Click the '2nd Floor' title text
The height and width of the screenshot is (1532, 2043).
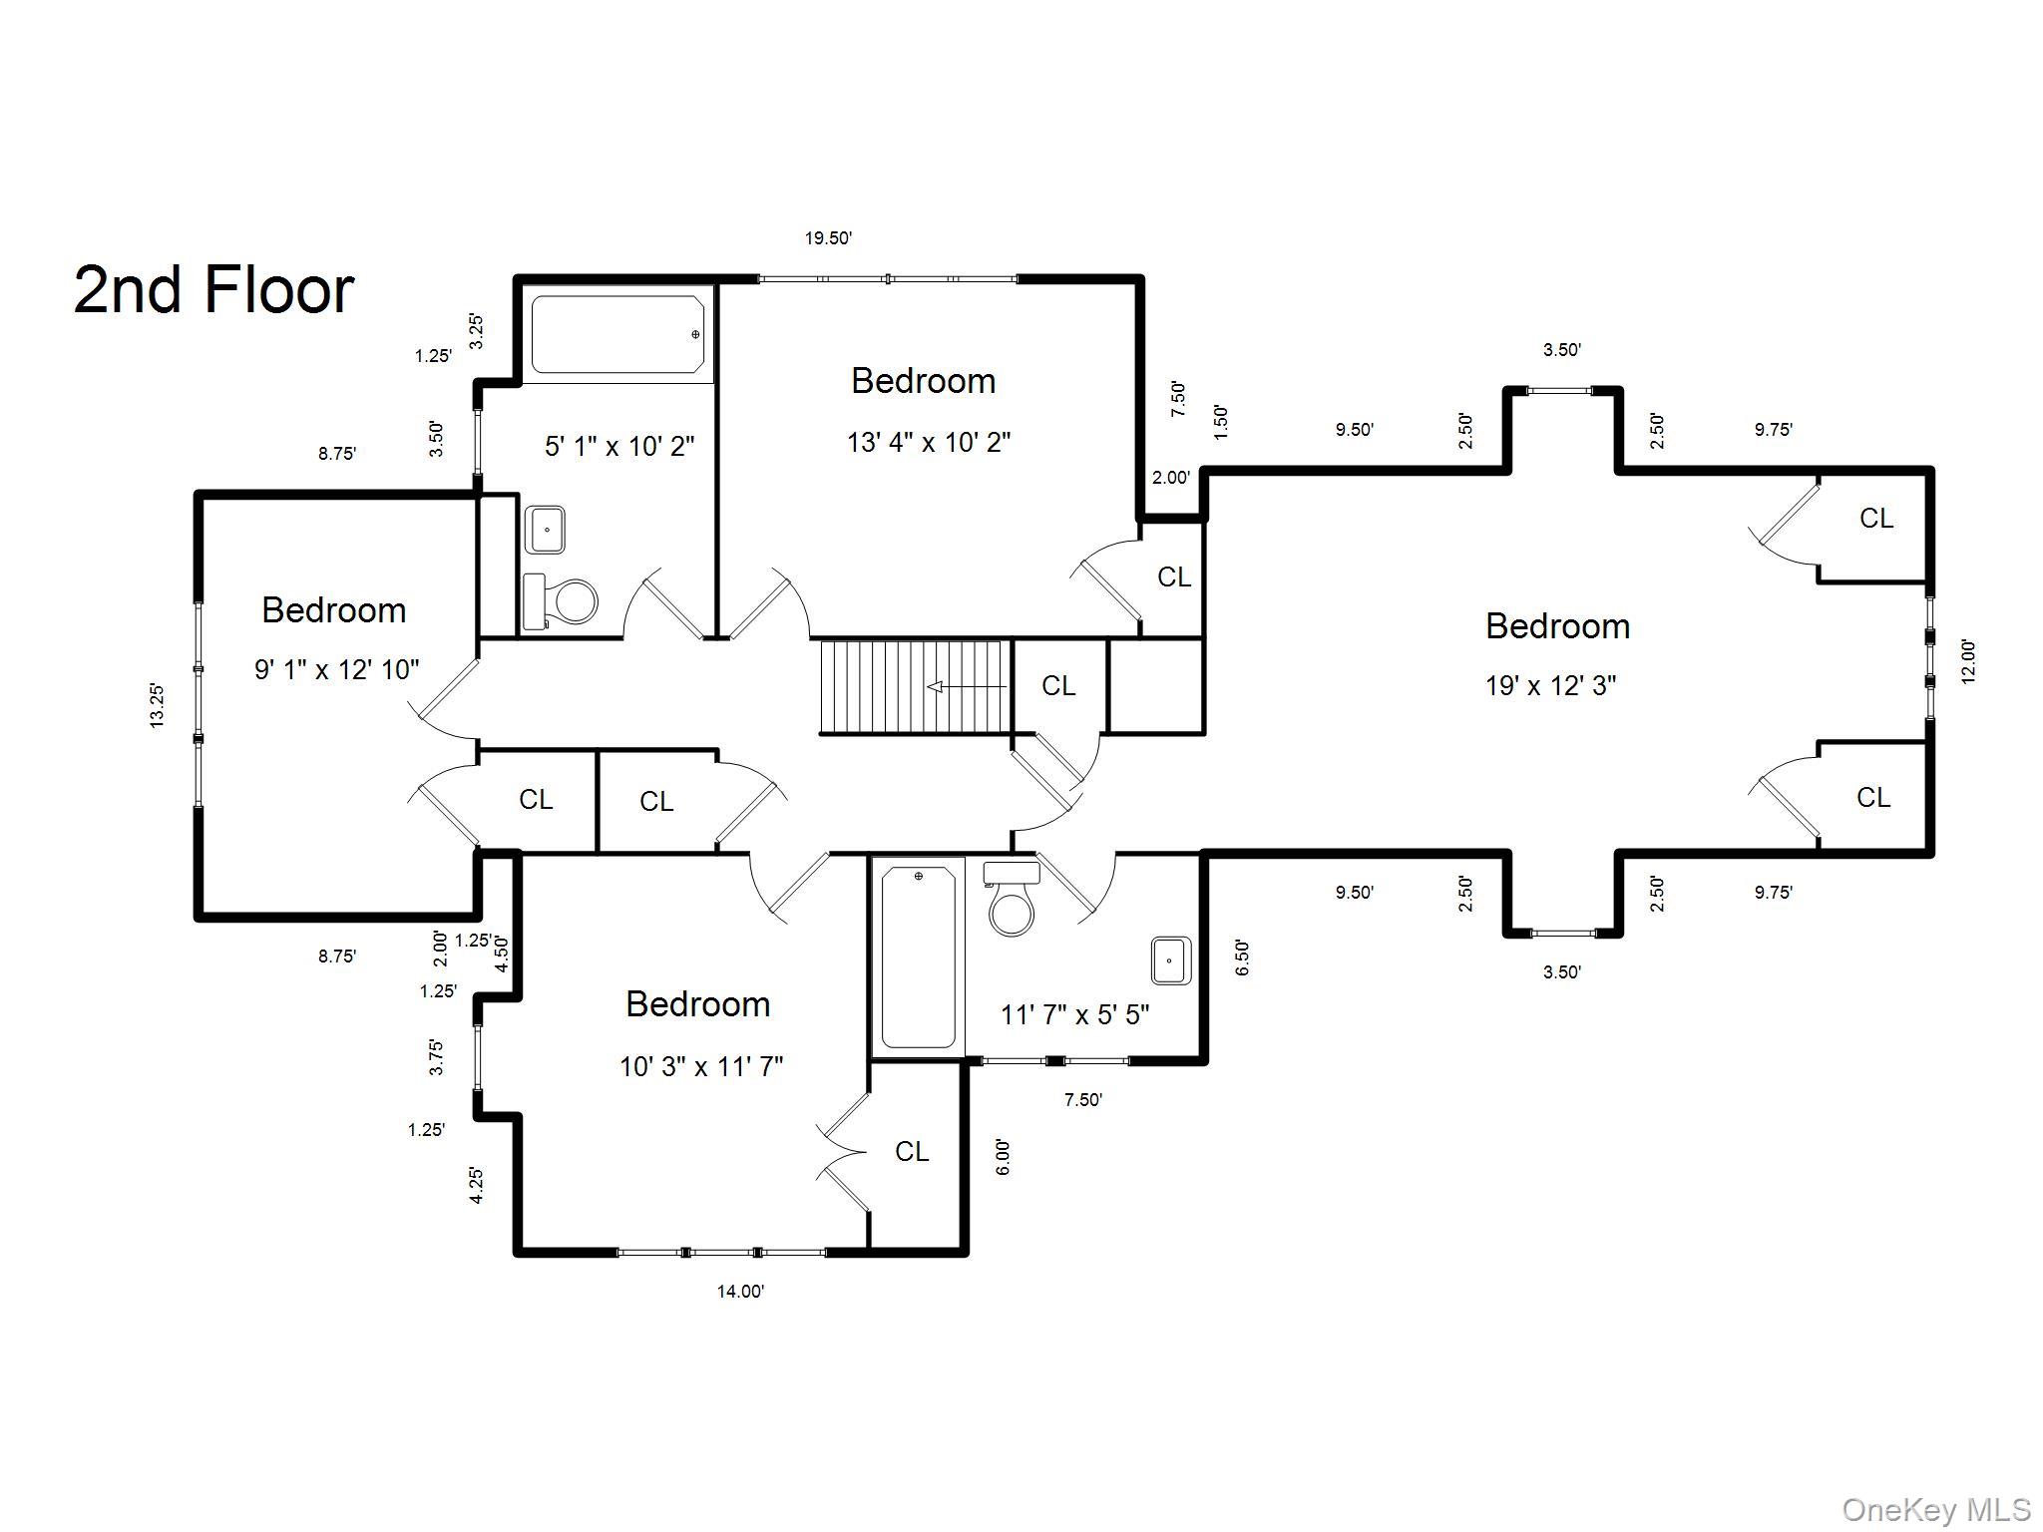[x=213, y=290]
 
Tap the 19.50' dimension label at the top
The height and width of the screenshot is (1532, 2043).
[x=828, y=238]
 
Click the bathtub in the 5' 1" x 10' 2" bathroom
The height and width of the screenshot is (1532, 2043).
[x=616, y=334]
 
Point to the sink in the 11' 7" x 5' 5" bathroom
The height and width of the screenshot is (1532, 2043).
[x=1170, y=960]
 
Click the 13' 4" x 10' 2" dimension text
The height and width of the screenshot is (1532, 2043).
[x=928, y=442]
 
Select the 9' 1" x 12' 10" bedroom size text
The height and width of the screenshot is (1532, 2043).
[x=336, y=669]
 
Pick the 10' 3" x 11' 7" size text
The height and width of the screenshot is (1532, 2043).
[x=700, y=1066]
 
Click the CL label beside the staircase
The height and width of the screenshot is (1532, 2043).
[x=1058, y=686]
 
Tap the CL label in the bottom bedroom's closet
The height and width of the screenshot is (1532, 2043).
[x=911, y=1151]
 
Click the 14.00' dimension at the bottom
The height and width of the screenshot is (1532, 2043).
[x=740, y=1291]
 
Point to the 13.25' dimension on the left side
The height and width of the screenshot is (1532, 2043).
[x=158, y=705]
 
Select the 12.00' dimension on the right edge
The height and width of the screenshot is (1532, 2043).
[x=1967, y=660]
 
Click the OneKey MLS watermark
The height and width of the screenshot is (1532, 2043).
[x=1935, y=1510]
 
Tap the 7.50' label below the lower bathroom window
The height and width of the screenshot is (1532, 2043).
[x=1082, y=1100]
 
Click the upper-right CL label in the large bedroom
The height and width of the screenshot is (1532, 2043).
[x=1875, y=519]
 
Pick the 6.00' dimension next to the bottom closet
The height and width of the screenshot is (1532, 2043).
[x=1003, y=1157]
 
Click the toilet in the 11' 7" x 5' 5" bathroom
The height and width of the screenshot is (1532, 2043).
[x=1012, y=901]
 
